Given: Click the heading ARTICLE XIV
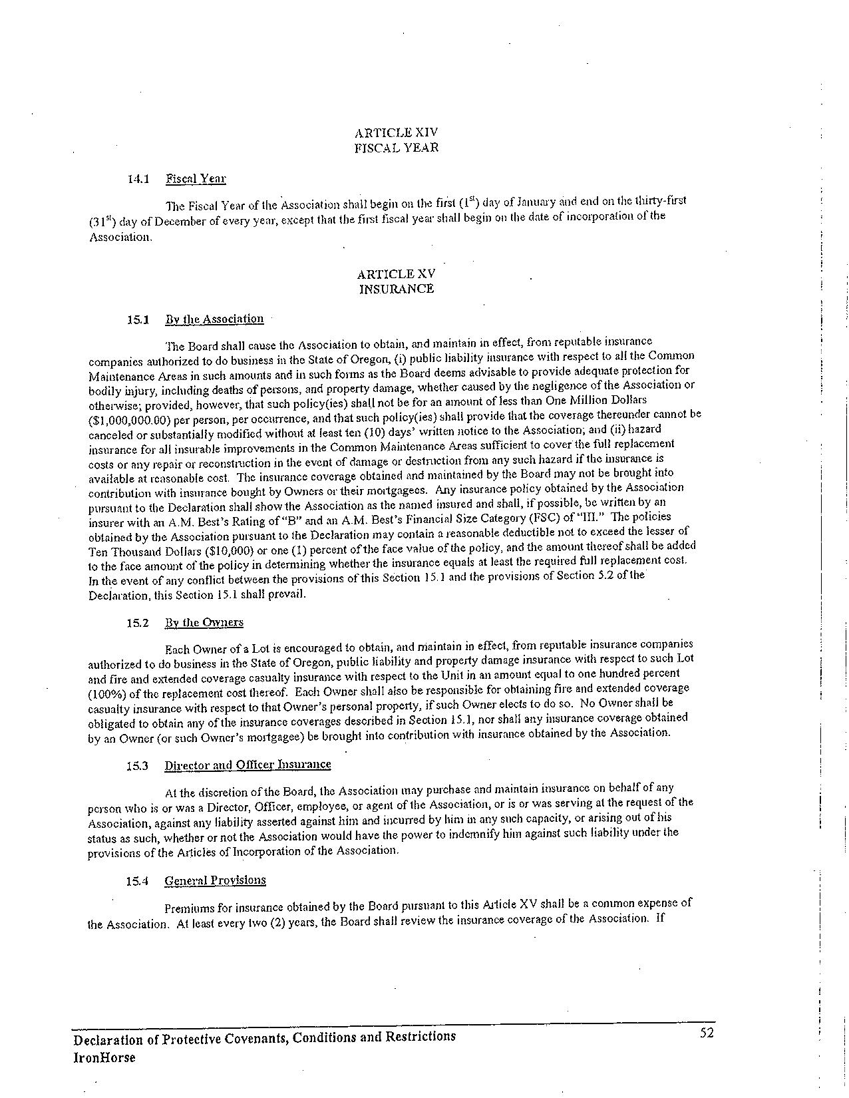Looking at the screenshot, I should (396, 132).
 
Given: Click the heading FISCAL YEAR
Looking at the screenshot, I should (396, 147).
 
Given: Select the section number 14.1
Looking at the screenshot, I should (138, 178).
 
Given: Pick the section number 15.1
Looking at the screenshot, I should (137, 319).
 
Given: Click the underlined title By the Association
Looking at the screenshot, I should (214, 319).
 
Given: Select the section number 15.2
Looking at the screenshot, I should (137, 624).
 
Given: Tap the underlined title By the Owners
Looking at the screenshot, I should (204, 623).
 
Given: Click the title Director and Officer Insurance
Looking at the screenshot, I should (248, 765).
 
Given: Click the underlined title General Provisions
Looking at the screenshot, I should (215, 880).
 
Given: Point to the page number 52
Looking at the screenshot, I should (706, 1033).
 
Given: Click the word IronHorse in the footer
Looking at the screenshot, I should (104, 1058).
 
